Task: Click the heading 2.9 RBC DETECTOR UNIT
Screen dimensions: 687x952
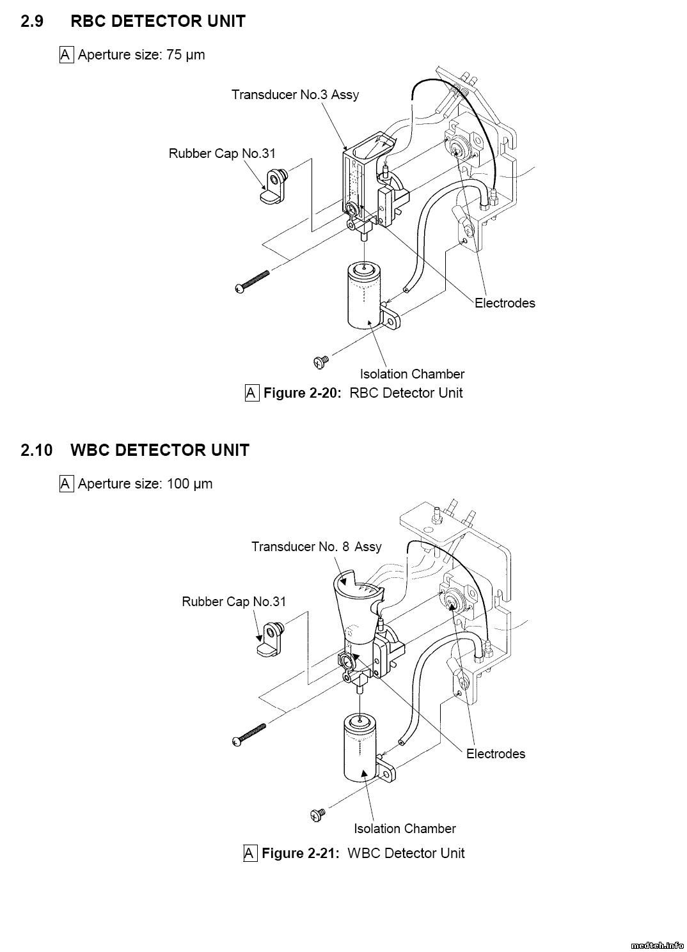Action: (133, 21)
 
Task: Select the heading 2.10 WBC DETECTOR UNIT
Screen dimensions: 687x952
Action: (135, 450)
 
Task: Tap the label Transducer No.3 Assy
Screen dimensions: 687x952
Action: (295, 95)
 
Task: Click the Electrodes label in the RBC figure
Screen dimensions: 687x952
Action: (505, 303)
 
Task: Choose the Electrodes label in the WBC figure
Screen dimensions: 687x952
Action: (496, 754)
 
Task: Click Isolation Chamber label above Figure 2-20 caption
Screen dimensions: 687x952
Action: (412, 374)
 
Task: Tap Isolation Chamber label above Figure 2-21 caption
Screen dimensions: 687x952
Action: (405, 829)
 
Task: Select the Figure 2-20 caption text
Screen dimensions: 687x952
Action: (363, 393)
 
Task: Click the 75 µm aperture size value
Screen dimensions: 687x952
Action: (186, 55)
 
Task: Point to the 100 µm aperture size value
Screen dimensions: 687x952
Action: (189, 484)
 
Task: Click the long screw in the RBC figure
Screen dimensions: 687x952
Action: (252, 282)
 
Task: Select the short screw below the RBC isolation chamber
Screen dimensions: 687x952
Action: (321, 362)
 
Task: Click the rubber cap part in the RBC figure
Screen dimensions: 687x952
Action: (274, 185)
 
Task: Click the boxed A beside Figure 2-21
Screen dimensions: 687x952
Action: (250, 853)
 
